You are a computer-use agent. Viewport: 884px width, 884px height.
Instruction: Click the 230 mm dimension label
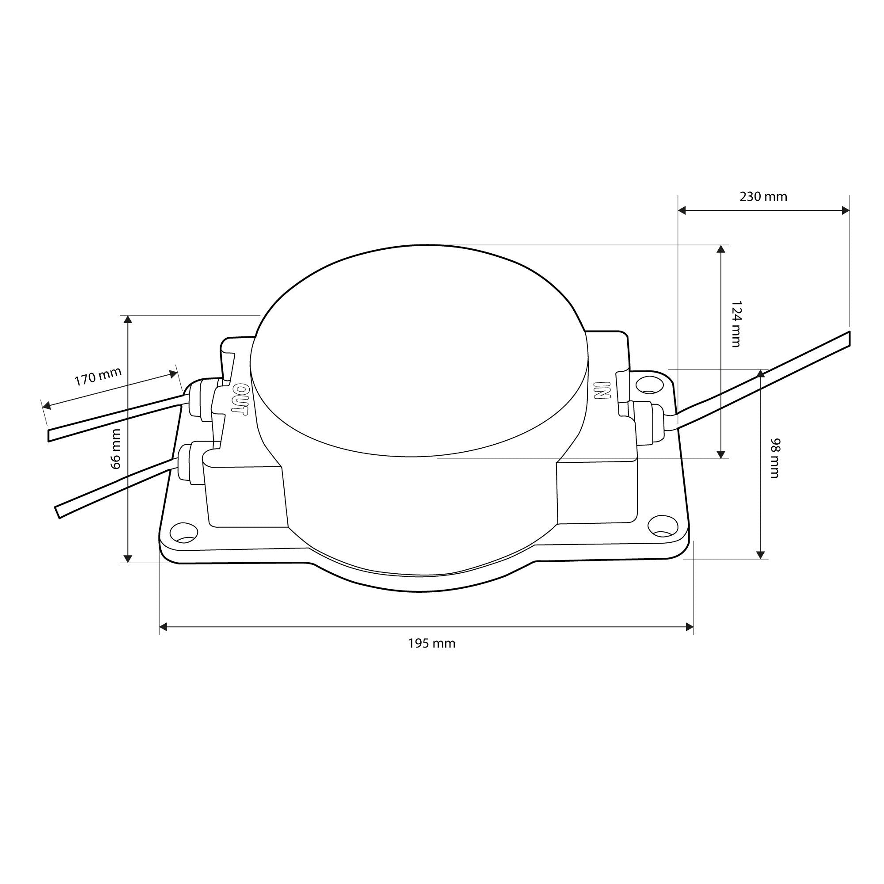[x=763, y=197]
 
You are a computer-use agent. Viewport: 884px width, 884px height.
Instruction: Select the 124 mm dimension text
[x=735, y=324]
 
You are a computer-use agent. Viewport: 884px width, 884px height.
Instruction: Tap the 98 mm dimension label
[x=775, y=458]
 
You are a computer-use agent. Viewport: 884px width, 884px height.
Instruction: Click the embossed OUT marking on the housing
[x=240, y=400]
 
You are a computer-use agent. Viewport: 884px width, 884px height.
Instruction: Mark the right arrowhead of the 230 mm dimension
[x=846, y=210]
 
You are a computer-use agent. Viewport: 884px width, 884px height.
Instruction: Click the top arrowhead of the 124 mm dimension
[x=721, y=249]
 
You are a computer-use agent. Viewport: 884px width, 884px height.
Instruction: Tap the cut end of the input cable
[x=849, y=339]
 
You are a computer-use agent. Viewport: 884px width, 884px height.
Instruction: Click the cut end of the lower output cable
[x=58, y=512]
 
